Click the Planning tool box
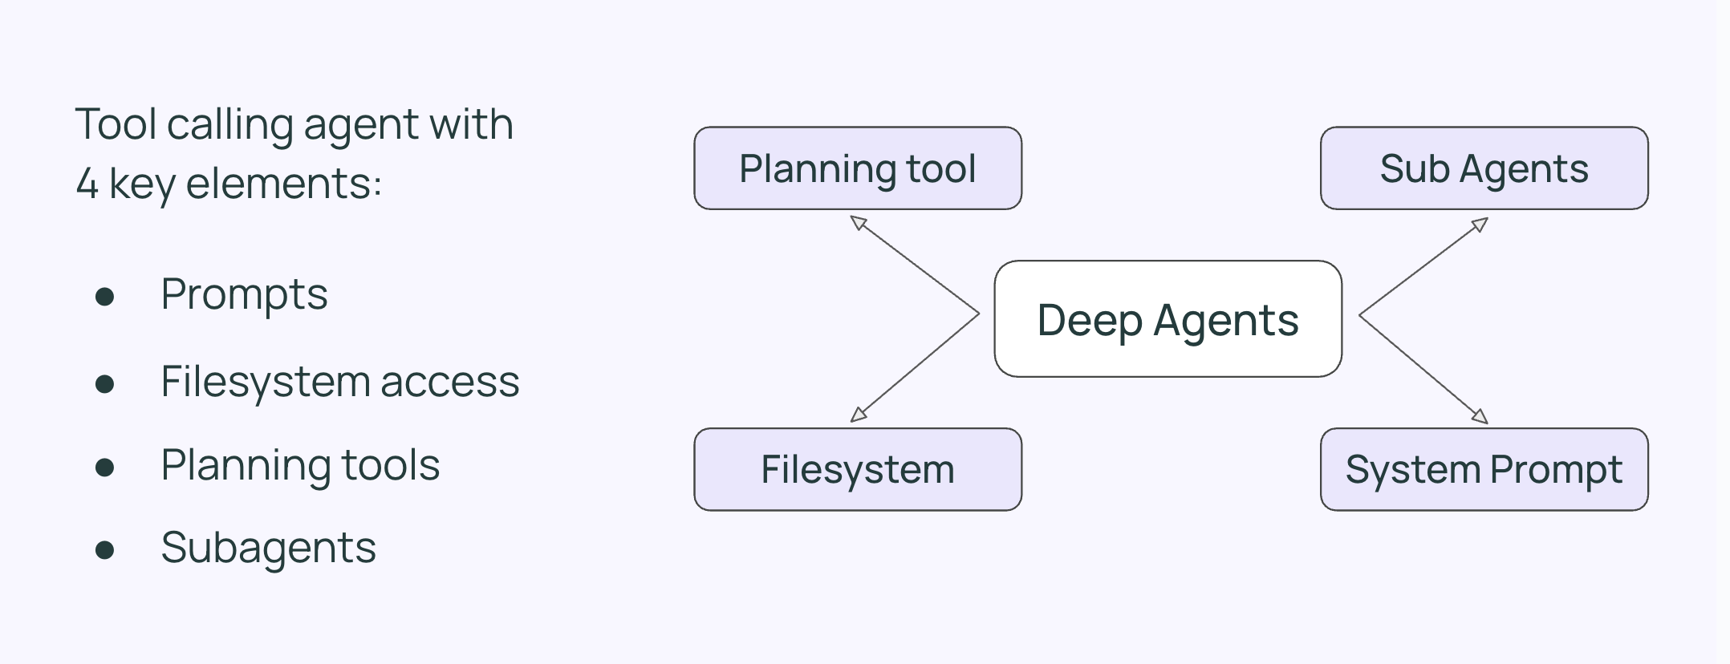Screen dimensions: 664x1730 click(857, 168)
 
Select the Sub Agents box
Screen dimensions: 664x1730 click(1484, 168)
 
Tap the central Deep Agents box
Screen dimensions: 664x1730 click(1168, 319)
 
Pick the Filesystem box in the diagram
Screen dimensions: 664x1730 click(857, 469)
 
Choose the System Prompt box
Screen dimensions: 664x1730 click(1484, 469)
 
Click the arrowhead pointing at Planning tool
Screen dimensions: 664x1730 click(858, 222)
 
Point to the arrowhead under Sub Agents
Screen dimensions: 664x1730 click(1480, 225)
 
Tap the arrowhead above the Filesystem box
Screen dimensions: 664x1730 click(858, 415)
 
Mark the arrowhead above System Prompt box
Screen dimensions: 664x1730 click(1480, 416)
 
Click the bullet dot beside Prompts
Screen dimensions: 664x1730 click(104, 298)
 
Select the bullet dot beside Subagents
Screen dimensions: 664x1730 click(104, 550)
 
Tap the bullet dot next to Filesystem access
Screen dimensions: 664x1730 click(104, 384)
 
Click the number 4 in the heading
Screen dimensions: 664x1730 click(87, 184)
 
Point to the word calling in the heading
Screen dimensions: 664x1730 click(230, 125)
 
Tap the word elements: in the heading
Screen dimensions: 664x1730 click(284, 184)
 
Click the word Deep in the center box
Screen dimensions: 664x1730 click(1088, 321)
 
